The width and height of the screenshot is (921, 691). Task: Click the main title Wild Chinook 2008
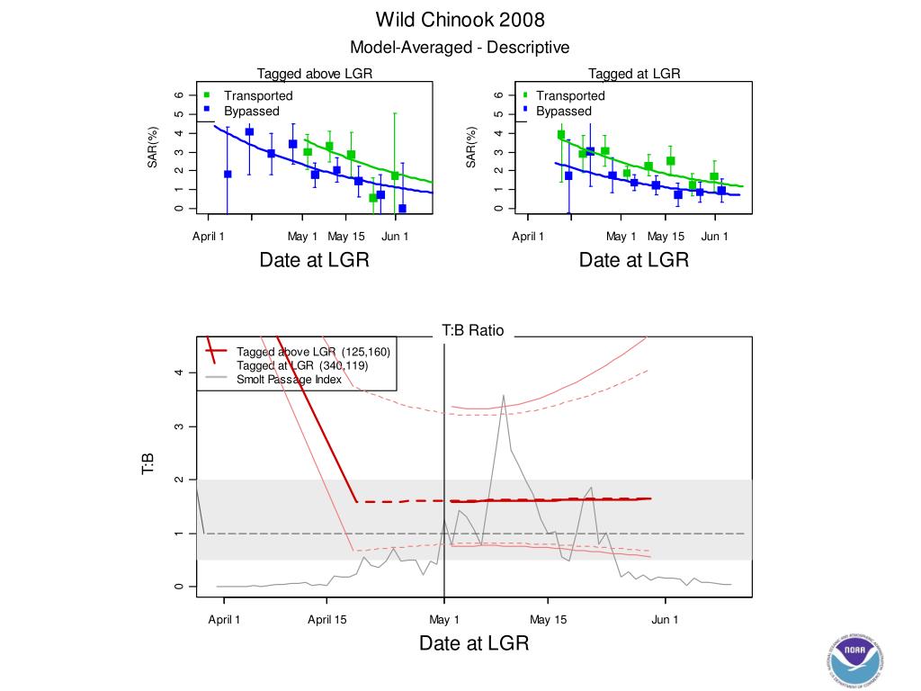tap(460, 20)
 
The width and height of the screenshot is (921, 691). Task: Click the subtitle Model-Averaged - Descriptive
tap(460, 48)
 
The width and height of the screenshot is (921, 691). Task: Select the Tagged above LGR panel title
tap(315, 74)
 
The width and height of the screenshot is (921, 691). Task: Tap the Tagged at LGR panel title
tap(634, 74)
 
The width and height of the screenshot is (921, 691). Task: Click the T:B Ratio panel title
tap(473, 331)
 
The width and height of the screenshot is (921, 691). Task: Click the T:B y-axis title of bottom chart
tap(149, 463)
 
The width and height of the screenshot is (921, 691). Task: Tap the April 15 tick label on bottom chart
tap(327, 619)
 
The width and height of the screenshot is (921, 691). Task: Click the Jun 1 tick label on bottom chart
tap(665, 619)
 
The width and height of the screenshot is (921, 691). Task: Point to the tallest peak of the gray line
tap(504, 395)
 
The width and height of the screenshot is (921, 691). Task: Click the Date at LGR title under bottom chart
tap(473, 643)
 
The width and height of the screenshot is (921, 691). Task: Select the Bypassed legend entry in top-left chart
tap(251, 112)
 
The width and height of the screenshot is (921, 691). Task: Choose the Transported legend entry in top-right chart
tap(570, 95)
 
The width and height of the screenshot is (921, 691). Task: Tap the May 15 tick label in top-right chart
tap(665, 237)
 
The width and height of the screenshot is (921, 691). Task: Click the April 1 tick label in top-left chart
tap(209, 237)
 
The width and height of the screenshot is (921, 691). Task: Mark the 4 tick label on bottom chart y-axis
tap(180, 372)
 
